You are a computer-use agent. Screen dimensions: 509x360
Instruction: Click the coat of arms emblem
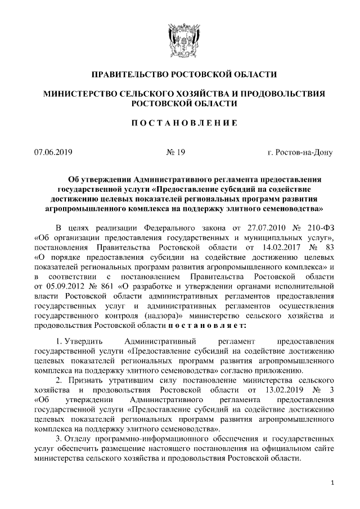click(x=179, y=38)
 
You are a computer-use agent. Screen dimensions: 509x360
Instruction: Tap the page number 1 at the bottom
click(x=332, y=483)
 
